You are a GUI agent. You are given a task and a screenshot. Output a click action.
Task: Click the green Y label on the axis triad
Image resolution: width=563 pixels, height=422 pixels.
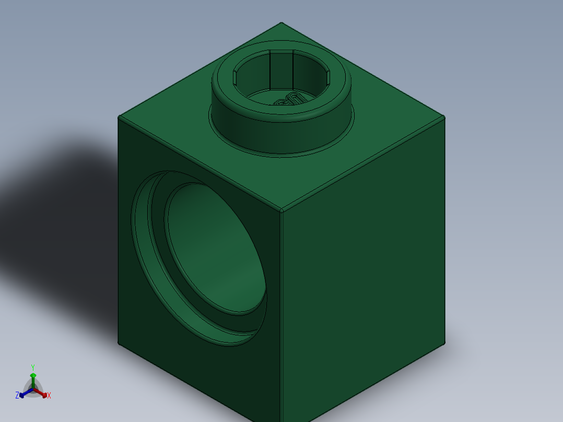click(x=32, y=367)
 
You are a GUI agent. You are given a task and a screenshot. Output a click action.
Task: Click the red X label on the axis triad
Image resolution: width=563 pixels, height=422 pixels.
click(x=49, y=396)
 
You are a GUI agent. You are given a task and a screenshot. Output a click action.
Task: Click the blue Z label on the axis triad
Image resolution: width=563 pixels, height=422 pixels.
click(x=17, y=396)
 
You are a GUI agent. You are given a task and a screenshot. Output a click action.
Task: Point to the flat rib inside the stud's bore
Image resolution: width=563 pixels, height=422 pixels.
click(x=281, y=71)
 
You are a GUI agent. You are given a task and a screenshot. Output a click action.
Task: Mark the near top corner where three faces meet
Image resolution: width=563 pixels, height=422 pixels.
click(x=281, y=211)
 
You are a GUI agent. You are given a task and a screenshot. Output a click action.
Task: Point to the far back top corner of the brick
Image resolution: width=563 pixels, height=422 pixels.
click(x=282, y=23)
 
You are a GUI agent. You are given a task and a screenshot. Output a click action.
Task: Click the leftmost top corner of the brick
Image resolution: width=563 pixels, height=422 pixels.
click(x=119, y=116)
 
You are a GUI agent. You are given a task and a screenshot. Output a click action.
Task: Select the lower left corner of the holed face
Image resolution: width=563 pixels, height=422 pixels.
click(x=119, y=343)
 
